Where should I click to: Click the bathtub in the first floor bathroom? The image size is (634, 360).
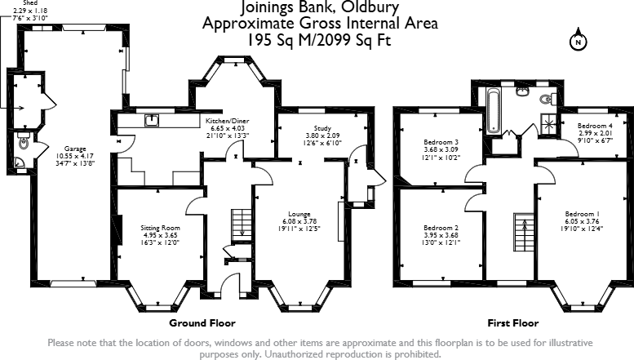494,112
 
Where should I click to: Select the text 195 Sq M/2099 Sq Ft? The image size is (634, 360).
320,39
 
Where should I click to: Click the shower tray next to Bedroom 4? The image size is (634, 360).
554,123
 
